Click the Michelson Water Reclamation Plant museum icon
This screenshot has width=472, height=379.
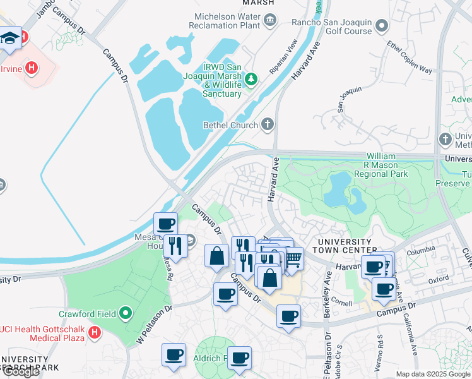coord(271,20)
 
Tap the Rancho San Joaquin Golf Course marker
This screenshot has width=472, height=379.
coord(382,26)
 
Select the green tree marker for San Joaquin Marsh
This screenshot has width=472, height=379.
coord(252,79)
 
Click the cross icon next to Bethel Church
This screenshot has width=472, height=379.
coord(268,124)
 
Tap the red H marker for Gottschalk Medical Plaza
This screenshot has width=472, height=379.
coord(95,331)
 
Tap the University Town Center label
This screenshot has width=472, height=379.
coord(345,246)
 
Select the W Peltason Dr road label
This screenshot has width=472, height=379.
coord(154,325)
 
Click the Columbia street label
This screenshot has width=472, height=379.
coord(421,251)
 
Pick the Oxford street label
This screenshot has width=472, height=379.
coord(439,279)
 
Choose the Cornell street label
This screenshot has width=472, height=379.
coord(341,303)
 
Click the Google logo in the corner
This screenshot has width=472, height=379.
coord(21,371)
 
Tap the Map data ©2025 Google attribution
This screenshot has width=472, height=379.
coord(433,374)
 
